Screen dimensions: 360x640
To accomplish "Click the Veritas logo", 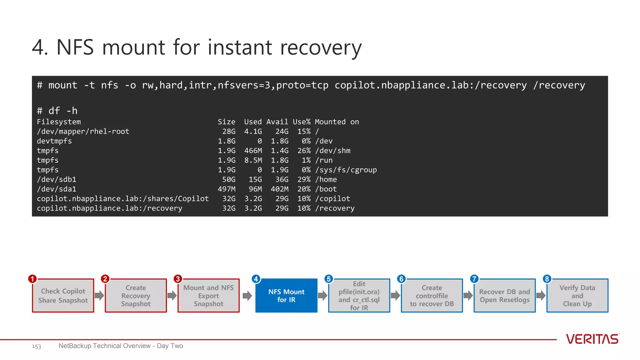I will [x=592, y=339].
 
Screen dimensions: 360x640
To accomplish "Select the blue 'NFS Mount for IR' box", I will [x=286, y=296].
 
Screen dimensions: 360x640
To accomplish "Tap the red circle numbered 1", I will [x=32, y=279].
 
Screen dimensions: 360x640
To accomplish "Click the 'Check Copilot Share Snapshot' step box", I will [x=63, y=296].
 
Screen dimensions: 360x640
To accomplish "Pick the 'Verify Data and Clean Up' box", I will [x=577, y=296].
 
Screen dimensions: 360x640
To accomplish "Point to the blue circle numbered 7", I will [x=474, y=279].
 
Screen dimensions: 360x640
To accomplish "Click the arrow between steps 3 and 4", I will [x=247, y=296].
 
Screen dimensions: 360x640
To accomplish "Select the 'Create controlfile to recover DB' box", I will [x=432, y=296].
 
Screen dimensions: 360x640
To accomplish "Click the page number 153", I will [x=37, y=346].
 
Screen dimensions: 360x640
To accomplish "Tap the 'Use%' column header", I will [x=302, y=122].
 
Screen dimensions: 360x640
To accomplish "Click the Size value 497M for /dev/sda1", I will [x=227, y=189].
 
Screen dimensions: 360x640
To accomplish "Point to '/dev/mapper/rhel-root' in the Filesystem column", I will [x=83, y=132].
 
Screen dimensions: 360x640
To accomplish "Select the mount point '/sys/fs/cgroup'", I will [x=346, y=170].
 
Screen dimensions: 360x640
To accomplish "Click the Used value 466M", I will [x=253, y=151].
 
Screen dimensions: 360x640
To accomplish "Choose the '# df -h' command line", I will [x=57, y=111].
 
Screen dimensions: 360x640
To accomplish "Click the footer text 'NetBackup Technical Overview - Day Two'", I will [x=121, y=346].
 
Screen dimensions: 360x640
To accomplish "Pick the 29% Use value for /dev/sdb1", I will [x=304, y=180].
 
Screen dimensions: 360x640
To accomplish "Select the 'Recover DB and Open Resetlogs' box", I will [x=504, y=296].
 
